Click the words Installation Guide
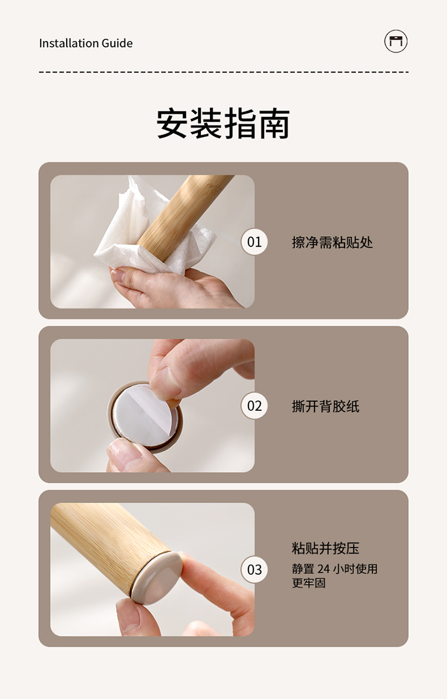tap(86, 43)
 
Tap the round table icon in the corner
tap(396, 42)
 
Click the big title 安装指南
tap(223, 123)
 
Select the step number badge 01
tap(254, 242)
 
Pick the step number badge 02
tap(254, 405)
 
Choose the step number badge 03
tap(254, 569)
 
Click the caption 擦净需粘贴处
tap(333, 242)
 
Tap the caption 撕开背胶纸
tap(325, 406)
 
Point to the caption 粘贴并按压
tap(325, 548)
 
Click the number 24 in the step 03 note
tap(324, 569)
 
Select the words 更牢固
tap(309, 583)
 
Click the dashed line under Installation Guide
tap(223, 72)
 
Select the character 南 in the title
tap(274, 123)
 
